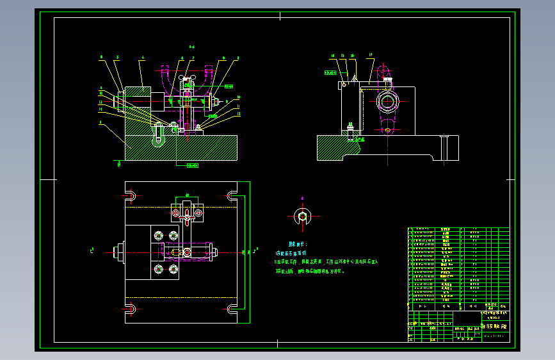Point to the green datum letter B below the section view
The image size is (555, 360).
pyautogui.click(x=120, y=164)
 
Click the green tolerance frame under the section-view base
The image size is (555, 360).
pyautogui.click(x=191, y=166)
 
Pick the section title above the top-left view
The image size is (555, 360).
pyautogui.click(x=191, y=47)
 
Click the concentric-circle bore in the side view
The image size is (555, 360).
pyautogui.click(x=387, y=101)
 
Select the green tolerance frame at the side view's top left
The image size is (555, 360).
pyautogui.click(x=330, y=73)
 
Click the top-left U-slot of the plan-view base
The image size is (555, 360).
pyautogui.click(x=130, y=195)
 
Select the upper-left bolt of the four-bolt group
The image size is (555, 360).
pyautogui.click(x=158, y=236)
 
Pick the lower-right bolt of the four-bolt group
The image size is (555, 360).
pyautogui.click(x=172, y=269)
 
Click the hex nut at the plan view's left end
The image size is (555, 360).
pyautogui.click(x=118, y=252)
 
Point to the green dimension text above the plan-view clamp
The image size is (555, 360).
pyautogui.click(x=187, y=194)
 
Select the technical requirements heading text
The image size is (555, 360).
pyautogui.click(x=298, y=244)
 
